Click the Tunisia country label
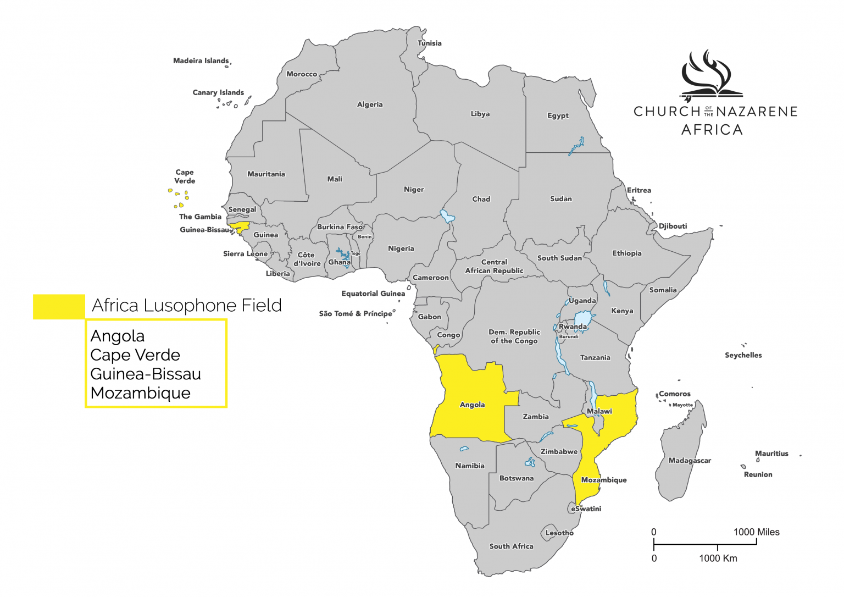pyautogui.click(x=429, y=43)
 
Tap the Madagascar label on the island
pyautogui.click(x=690, y=461)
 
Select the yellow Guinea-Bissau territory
pyautogui.click(x=240, y=226)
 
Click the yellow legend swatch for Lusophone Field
pyautogui.click(x=59, y=307)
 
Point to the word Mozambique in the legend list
pyautogui.click(x=141, y=393)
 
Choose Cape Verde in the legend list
pyautogui.click(x=135, y=355)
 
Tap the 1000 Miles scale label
pyautogui.click(x=756, y=532)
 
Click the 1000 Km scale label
pyautogui.click(x=718, y=559)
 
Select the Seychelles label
pyautogui.click(x=743, y=355)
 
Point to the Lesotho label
pyautogui.click(x=559, y=533)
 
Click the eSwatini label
pyautogui.click(x=586, y=508)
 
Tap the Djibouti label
pyautogui.click(x=673, y=226)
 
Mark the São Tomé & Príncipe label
pyautogui.click(x=356, y=314)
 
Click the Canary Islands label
pyautogui.click(x=218, y=92)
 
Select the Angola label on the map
pyautogui.click(x=472, y=405)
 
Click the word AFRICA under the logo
pyautogui.click(x=712, y=130)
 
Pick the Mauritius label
pyautogui.click(x=771, y=454)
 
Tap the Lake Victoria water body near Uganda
pyautogui.click(x=583, y=318)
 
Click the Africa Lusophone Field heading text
pyautogui.click(x=187, y=306)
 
